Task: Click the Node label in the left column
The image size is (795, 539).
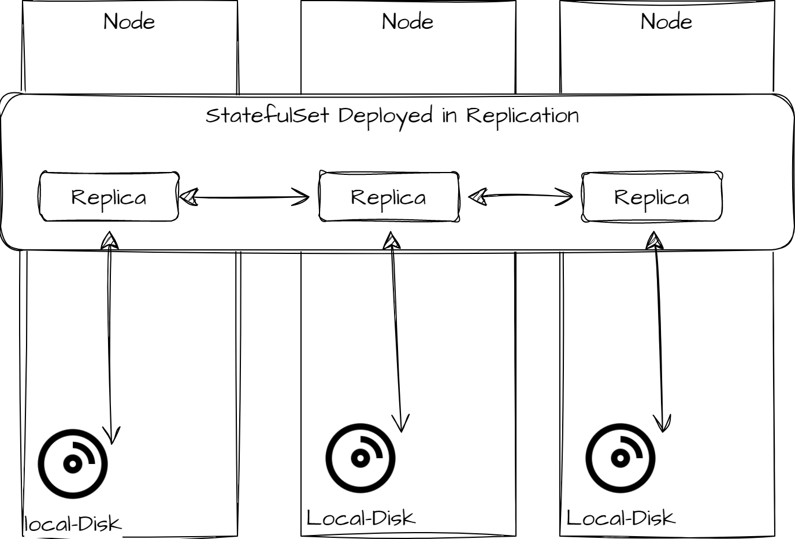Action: (x=129, y=22)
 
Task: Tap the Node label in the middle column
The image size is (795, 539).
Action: (x=407, y=22)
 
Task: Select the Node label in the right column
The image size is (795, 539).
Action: (x=666, y=22)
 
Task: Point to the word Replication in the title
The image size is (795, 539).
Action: (x=522, y=115)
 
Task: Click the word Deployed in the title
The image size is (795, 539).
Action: (x=385, y=116)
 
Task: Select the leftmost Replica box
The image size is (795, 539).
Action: (x=109, y=197)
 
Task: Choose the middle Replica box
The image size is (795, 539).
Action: (x=389, y=197)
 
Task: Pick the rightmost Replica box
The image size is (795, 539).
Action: (x=652, y=197)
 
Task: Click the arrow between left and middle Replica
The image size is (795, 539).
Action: (x=245, y=197)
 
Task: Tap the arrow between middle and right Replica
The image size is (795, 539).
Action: (x=521, y=196)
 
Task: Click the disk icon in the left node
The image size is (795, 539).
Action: (x=73, y=463)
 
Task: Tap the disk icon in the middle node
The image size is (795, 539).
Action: (x=361, y=458)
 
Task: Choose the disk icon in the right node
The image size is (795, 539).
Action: (x=621, y=458)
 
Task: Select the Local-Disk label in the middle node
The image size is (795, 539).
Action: (x=361, y=518)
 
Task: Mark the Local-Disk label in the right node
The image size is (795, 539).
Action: (x=621, y=518)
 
